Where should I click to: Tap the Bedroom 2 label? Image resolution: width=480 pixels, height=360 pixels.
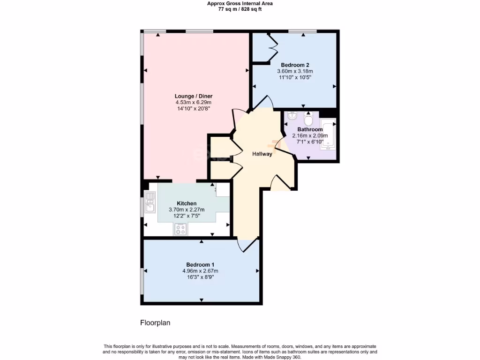[x=295, y=65]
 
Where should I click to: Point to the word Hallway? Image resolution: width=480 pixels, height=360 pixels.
[x=262, y=154]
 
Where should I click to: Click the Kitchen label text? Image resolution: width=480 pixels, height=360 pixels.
[x=187, y=203]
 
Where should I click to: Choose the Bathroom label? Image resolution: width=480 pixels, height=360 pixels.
[x=310, y=129]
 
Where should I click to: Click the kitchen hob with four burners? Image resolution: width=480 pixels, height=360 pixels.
[x=180, y=229]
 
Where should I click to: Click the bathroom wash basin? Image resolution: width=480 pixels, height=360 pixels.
[x=291, y=116]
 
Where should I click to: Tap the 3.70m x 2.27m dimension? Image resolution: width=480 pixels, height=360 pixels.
[x=187, y=210]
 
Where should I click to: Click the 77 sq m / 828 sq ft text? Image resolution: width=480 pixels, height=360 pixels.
[x=240, y=8]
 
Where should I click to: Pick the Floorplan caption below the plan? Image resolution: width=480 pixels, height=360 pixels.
[x=155, y=323]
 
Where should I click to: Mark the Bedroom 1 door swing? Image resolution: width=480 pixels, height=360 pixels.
[x=248, y=245]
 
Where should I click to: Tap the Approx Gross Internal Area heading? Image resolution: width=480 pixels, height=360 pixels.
[x=240, y=3]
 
